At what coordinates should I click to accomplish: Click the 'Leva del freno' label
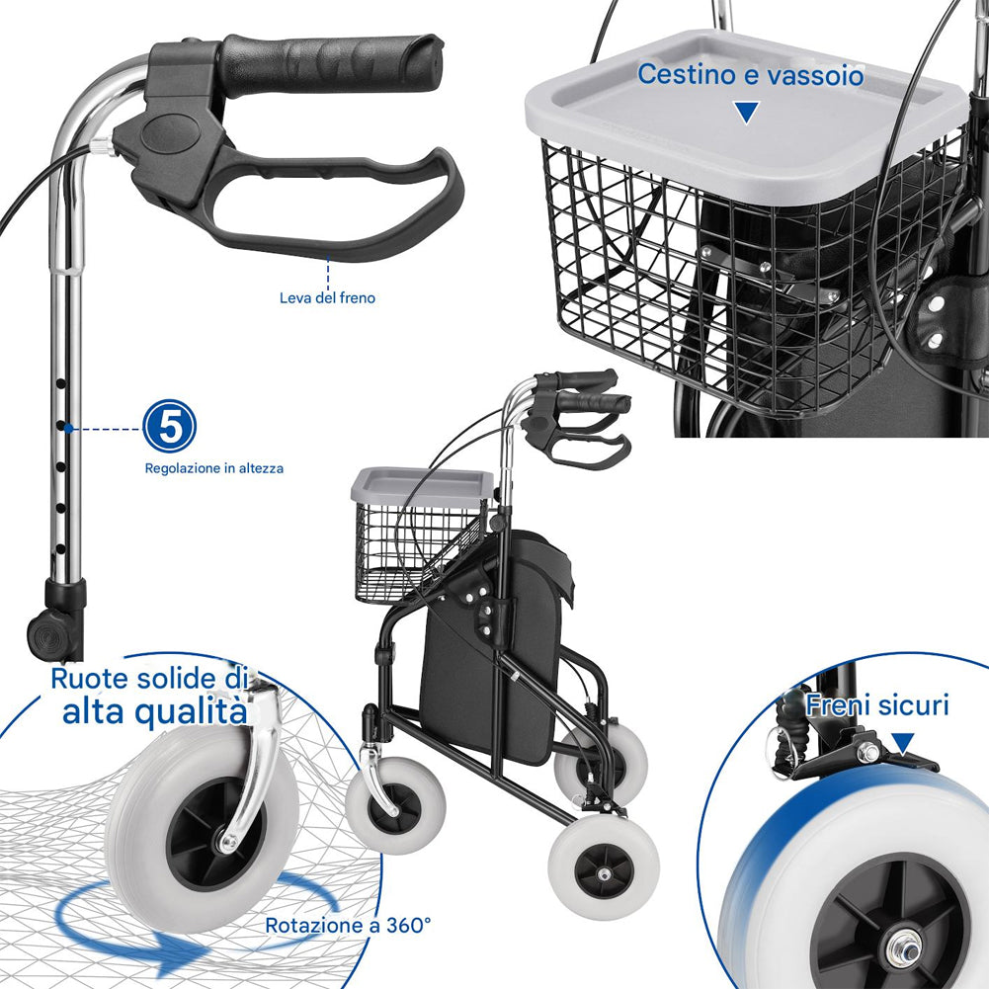point(327,297)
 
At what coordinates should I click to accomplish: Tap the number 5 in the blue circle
point(170,428)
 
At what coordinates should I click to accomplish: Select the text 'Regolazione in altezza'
point(214,468)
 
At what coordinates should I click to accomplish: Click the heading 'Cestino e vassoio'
point(750,74)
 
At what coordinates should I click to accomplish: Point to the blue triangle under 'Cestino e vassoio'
point(747,111)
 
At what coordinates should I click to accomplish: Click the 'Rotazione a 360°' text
point(348,926)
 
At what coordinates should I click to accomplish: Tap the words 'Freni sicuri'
point(877,704)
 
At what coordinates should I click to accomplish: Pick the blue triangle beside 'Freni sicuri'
point(903,743)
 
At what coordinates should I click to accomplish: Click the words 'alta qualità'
point(154,711)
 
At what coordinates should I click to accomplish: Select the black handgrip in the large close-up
point(331,65)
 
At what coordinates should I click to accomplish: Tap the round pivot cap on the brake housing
point(170,133)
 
